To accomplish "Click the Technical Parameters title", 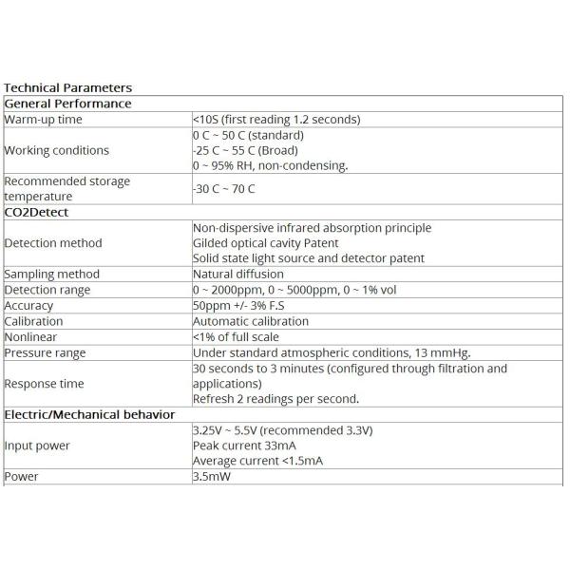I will pos(68,88).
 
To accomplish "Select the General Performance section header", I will pos(68,104).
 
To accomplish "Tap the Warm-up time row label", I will pos(44,120).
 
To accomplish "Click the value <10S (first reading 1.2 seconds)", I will pos(275,120).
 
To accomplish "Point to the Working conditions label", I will pos(57,150).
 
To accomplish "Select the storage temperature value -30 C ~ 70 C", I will pos(223,188).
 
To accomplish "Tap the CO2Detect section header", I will pos(36,212).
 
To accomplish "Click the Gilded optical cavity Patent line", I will pos(265,243).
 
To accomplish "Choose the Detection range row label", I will pos(47,290).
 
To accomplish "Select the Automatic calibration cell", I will pos(251,321).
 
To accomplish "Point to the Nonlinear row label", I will pos(30,337).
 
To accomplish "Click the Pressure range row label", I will pos(46,352).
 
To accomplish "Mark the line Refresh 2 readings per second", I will pos(275,399).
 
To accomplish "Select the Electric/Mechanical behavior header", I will pos(89,415).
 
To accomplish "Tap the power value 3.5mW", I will pos(212,477).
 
